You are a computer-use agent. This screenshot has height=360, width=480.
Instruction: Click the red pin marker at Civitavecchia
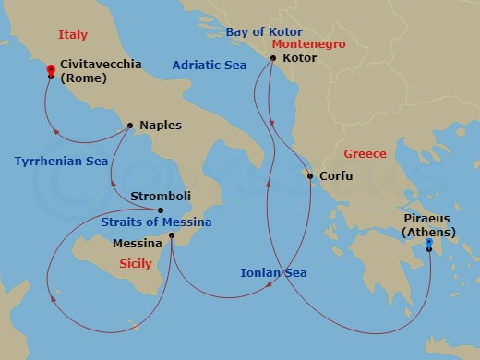click(x=51, y=70)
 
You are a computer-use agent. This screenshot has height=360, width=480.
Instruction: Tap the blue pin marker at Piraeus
click(x=429, y=245)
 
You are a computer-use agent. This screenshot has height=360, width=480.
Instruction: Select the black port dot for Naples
click(x=130, y=125)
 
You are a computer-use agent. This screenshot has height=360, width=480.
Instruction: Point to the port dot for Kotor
click(x=272, y=58)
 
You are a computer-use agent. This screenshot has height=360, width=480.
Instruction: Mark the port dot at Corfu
click(x=309, y=175)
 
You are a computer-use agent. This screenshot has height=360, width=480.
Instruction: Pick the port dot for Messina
click(x=172, y=236)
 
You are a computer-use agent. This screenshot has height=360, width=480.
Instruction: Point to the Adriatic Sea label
click(x=208, y=66)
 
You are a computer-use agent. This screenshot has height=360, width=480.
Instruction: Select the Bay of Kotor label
click(x=263, y=32)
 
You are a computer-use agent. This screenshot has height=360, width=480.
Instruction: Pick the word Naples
click(x=161, y=125)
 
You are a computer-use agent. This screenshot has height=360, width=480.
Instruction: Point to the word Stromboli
click(x=162, y=196)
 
